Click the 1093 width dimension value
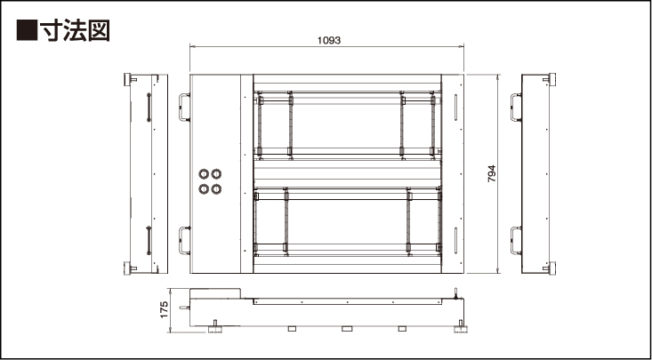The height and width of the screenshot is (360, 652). pyautogui.click(x=329, y=40)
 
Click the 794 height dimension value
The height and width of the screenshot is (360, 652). pyautogui.click(x=492, y=173)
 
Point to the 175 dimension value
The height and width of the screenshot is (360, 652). pyautogui.click(x=164, y=309)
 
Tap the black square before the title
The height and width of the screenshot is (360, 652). pyautogui.click(x=27, y=30)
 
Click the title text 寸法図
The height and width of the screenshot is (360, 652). pyautogui.click(x=75, y=30)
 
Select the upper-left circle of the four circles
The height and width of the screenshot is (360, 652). pyautogui.click(x=204, y=173)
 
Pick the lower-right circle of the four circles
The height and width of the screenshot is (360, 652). pyautogui.click(x=216, y=189)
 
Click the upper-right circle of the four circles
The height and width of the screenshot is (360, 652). pyautogui.click(x=216, y=173)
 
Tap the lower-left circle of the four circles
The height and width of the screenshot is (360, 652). pyautogui.click(x=204, y=189)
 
